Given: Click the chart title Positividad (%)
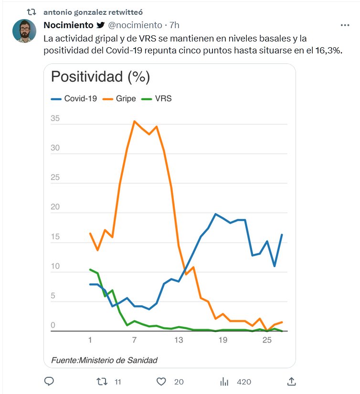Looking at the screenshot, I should click(x=100, y=77).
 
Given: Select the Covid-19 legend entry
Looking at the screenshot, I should click(x=74, y=99).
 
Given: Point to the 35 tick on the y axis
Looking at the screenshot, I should click(x=55, y=118).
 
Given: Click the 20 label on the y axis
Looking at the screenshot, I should click(x=55, y=207).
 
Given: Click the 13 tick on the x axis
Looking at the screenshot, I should click(x=179, y=340).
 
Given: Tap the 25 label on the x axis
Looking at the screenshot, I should click(x=267, y=340).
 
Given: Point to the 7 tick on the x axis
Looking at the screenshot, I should click(x=135, y=340).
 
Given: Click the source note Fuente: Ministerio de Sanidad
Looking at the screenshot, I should click(x=104, y=360).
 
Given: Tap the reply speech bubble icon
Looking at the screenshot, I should click(x=49, y=381).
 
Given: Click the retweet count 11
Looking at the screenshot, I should click(x=118, y=382).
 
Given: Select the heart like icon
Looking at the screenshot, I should click(x=161, y=381).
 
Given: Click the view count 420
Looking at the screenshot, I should click(x=244, y=382).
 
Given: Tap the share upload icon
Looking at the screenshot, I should click(x=292, y=381).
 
